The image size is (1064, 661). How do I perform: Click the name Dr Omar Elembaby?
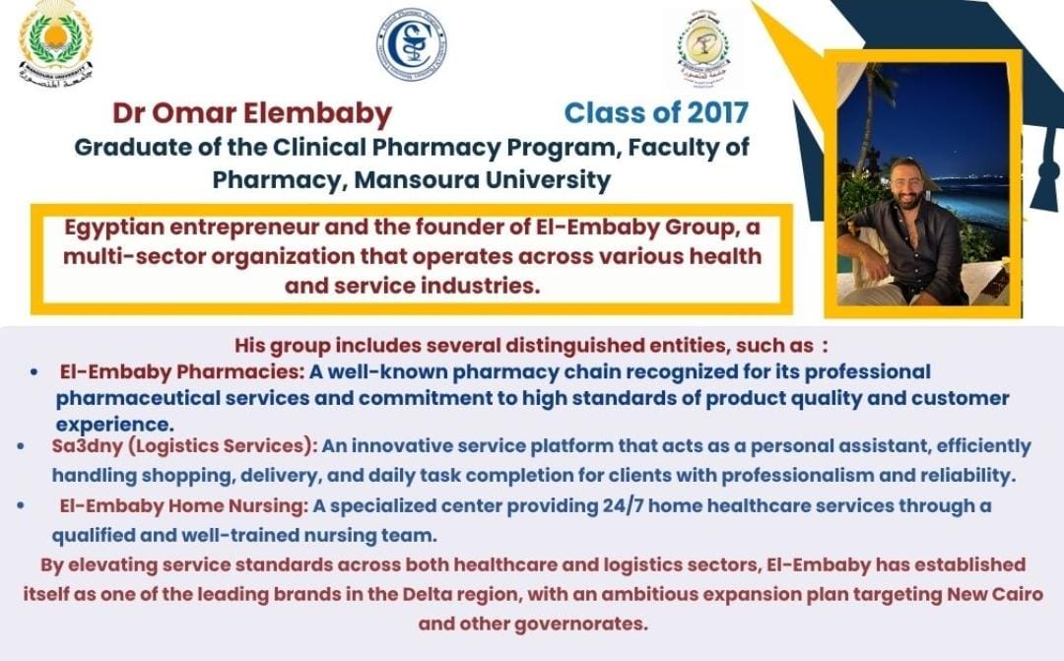[252, 113]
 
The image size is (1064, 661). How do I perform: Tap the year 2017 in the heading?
[717, 112]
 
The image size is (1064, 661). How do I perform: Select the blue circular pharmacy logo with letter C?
[411, 44]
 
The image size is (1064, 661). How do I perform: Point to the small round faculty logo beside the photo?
[703, 49]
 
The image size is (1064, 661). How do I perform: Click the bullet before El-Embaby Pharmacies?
[33, 372]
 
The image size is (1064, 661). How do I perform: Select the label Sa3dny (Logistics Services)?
[184, 446]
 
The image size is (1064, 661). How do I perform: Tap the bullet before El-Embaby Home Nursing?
[21, 505]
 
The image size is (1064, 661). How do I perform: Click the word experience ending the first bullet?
[114, 425]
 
